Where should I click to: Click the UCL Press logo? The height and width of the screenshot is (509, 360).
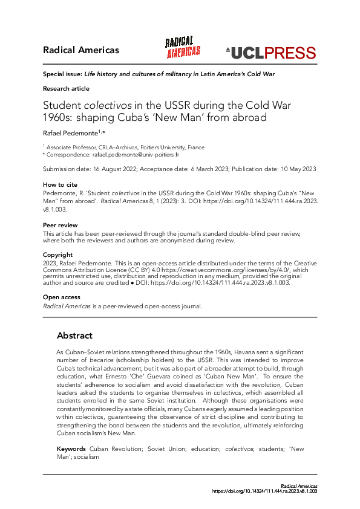[270, 53]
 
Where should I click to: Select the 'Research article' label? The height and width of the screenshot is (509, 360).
[66, 88]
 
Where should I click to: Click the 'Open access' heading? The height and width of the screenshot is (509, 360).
[61, 297]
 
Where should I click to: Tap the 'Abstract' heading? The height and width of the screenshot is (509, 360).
[74, 336]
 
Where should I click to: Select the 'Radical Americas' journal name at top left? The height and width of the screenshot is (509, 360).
[80, 50]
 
